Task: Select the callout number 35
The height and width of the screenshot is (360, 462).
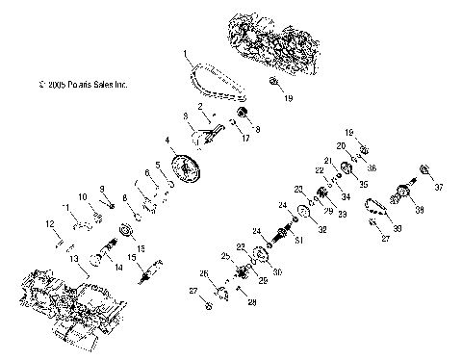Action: click(x=363, y=183)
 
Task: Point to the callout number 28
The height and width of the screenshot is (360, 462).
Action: click(x=253, y=302)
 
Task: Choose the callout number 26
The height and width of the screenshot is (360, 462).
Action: click(x=204, y=273)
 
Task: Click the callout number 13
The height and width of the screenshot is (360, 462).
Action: click(x=74, y=260)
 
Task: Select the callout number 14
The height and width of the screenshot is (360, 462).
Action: click(x=118, y=269)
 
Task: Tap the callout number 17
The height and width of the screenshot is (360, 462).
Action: click(x=246, y=139)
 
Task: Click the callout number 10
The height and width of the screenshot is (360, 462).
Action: click(x=84, y=195)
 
